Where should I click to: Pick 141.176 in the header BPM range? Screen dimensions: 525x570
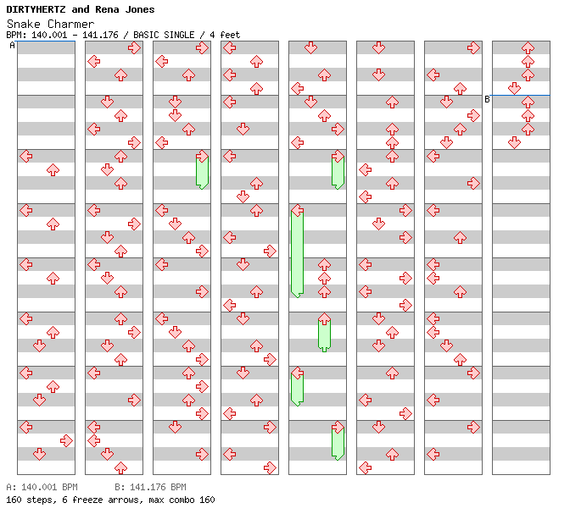[105, 35]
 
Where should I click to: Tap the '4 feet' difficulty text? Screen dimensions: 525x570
[225, 35]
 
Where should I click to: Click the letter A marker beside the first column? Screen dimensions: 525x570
[12, 45]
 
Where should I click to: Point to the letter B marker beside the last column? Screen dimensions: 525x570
[487, 99]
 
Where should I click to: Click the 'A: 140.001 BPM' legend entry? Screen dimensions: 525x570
[42, 488]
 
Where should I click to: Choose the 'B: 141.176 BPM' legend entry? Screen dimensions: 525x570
[150, 488]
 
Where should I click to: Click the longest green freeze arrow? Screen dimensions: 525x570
[297, 252]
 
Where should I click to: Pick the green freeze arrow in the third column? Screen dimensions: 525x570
[202, 171]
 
